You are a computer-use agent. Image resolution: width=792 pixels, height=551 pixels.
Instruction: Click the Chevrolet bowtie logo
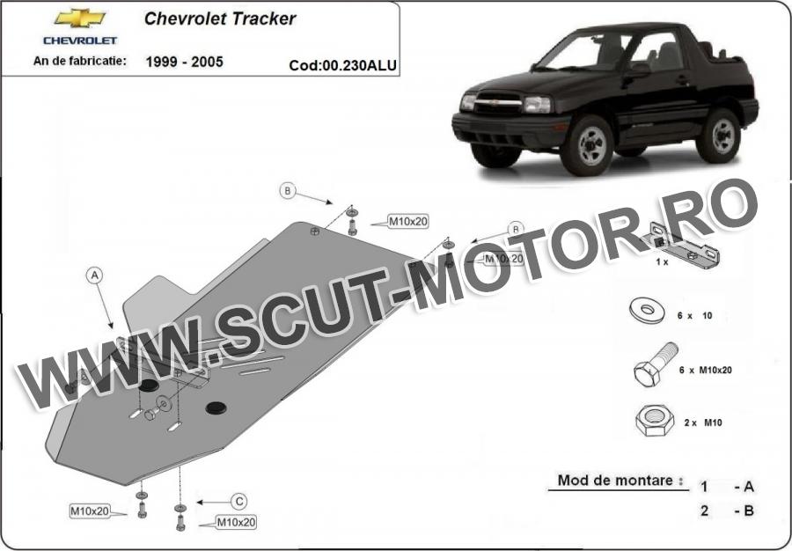point(80,18)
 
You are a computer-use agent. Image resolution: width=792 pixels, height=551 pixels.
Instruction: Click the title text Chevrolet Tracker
point(220,18)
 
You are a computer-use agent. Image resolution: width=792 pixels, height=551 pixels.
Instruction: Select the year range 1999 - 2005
point(185,62)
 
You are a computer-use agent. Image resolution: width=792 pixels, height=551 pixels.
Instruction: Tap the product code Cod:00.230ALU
point(342,66)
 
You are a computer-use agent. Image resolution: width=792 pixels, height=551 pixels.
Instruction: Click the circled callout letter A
point(94,275)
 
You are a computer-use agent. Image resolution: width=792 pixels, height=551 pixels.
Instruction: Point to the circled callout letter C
point(238,502)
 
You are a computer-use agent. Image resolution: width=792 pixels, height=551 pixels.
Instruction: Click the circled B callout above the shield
point(288,191)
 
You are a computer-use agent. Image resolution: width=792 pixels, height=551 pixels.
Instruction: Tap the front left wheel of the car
point(588,145)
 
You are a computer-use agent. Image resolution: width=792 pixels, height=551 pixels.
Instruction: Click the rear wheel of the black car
point(719,136)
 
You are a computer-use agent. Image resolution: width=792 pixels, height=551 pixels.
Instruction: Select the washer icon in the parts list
point(647,310)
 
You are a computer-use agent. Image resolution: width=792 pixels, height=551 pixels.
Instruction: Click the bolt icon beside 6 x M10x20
point(656,364)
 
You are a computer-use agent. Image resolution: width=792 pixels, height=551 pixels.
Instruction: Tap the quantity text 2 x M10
point(703,422)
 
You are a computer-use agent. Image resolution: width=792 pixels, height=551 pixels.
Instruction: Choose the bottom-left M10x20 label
point(90,511)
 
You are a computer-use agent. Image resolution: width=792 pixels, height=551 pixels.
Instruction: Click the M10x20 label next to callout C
point(236,522)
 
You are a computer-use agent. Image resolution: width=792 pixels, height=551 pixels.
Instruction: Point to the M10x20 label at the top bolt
point(407,221)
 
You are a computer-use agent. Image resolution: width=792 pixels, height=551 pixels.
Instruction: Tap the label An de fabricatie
point(80,61)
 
